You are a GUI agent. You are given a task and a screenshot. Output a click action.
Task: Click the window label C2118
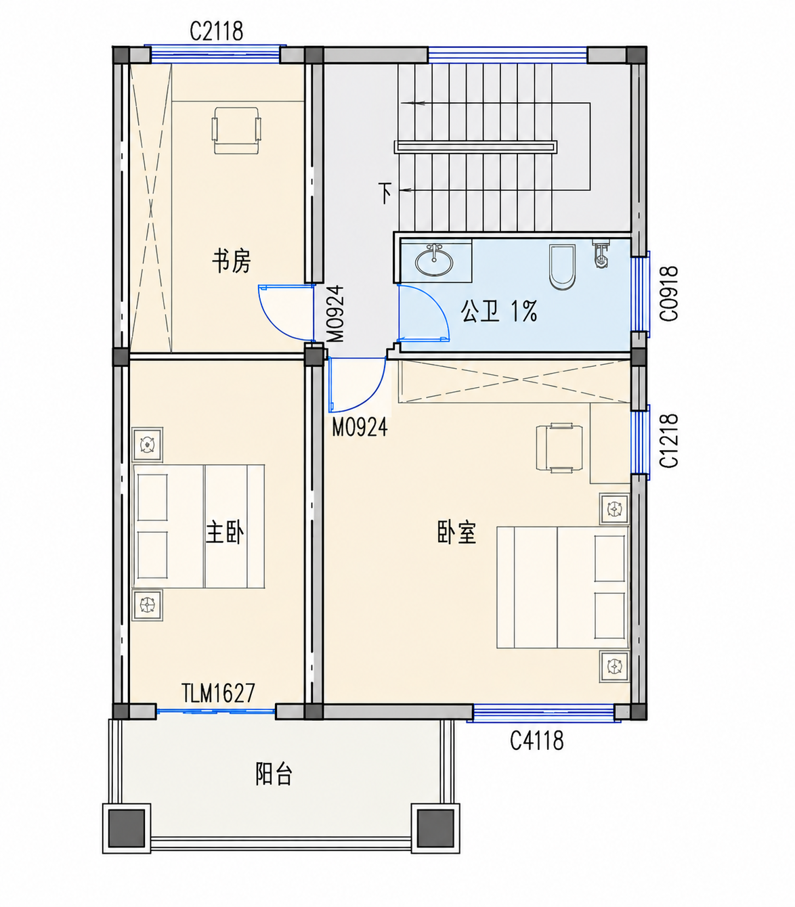click(x=216, y=31)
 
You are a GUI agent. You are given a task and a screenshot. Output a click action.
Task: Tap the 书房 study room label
click(x=232, y=261)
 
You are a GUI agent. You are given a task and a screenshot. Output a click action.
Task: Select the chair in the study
click(x=236, y=130)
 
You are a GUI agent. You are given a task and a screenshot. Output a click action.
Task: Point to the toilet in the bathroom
click(x=561, y=267)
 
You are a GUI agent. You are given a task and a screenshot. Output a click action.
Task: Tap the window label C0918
click(x=669, y=294)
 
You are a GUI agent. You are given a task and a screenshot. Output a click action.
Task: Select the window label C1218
click(x=669, y=441)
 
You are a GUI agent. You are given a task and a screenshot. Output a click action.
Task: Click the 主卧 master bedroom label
click(x=225, y=533)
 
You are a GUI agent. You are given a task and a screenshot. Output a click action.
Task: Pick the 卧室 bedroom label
click(x=456, y=533)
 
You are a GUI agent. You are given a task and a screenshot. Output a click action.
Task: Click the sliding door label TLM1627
click(x=218, y=693)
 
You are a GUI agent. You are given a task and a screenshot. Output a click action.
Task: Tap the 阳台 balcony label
click(x=274, y=774)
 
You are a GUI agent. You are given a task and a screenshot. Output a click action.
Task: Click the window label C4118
click(x=536, y=740)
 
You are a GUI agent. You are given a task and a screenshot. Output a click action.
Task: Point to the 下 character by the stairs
click(x=385, y=193)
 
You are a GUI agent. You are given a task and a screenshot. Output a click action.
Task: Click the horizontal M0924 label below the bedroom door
click(x=359, y=428)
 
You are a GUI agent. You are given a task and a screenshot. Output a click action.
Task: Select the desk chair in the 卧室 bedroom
click(x=559, y=447)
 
